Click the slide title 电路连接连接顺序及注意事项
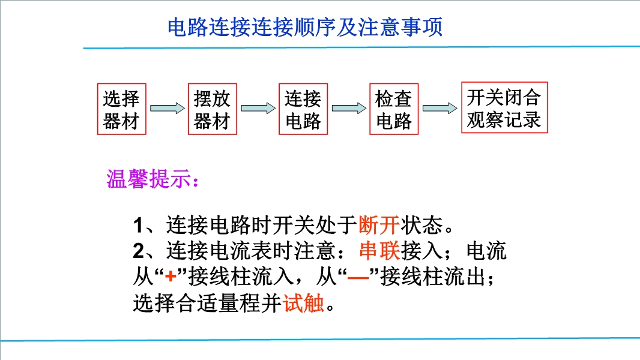pos(305,27)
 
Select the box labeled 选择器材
pos(122,109)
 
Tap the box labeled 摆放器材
pos(213,109)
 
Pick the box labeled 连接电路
pos(303,109)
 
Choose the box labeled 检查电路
pos(394,109)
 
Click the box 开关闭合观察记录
pos(504,107)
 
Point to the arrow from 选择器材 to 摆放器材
pos(168,108)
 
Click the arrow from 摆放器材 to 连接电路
pos(258,108)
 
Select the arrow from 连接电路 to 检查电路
pos(349,108)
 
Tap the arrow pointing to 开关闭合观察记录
pos(440,108)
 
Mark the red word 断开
pos(379,224)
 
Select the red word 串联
pos(379,250)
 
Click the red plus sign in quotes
pos(171,277)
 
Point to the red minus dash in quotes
pos(358,277)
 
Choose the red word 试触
pos(304,302)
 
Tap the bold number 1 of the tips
pos(138,226)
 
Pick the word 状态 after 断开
pos(421,224)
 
